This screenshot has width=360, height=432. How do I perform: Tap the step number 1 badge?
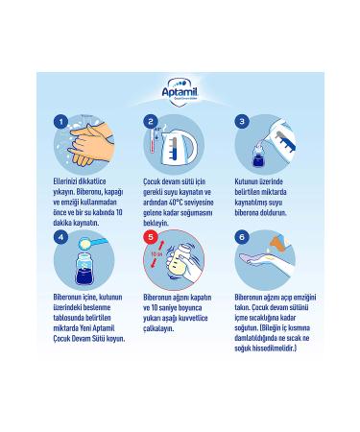[x=61, y=121]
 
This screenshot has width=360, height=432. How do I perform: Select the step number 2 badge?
[x=151, y=121]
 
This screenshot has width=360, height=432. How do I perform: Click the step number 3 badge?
[x=242, y=121]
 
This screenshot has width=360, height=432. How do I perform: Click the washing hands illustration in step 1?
[x=91, y=144]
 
